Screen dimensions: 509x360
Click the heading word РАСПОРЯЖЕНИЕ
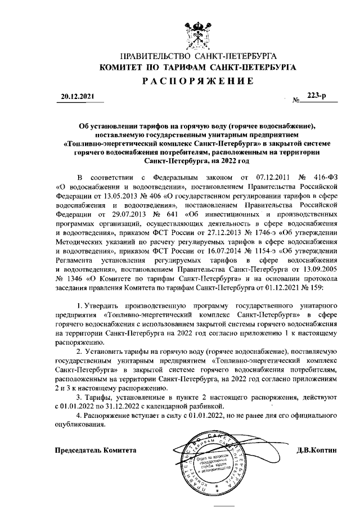tap(197, 80)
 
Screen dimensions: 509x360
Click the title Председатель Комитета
tap(96, 451)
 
